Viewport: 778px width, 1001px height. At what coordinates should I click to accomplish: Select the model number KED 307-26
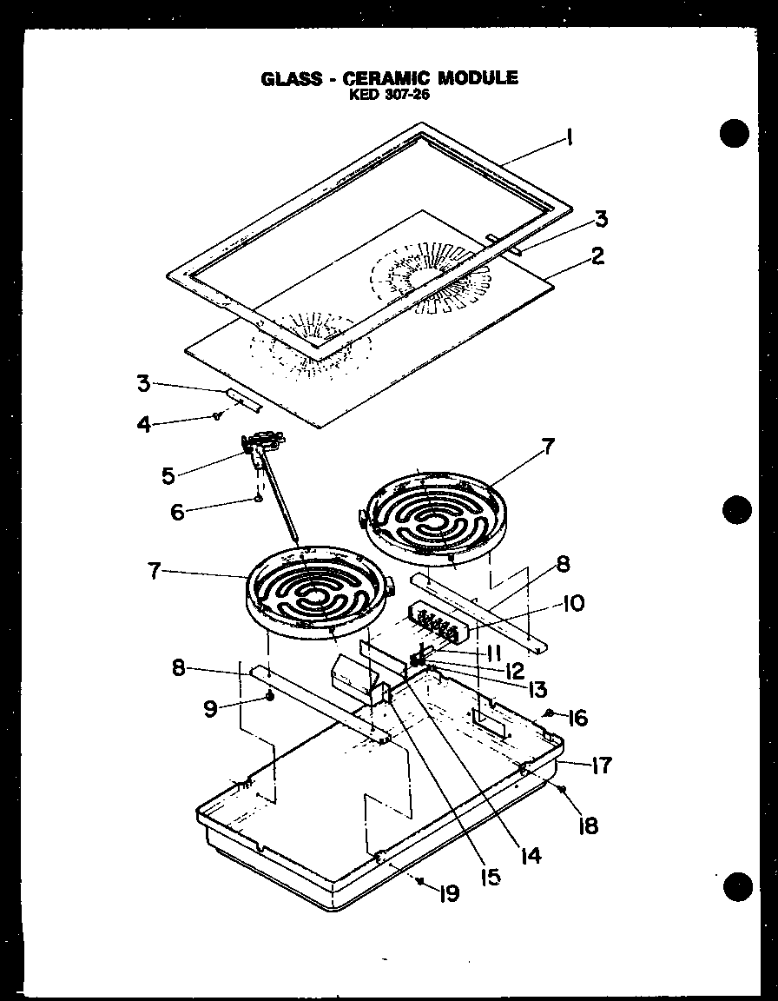click(388, 96)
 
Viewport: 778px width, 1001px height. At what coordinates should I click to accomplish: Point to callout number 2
click(597, 257)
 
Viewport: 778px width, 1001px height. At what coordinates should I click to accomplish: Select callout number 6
click(177, 512)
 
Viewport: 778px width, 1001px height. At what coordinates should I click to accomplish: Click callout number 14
click(531, 855)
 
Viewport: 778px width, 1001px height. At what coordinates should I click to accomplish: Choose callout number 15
click(491, 877)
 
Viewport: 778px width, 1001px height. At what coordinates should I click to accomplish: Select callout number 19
click(448, 892)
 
